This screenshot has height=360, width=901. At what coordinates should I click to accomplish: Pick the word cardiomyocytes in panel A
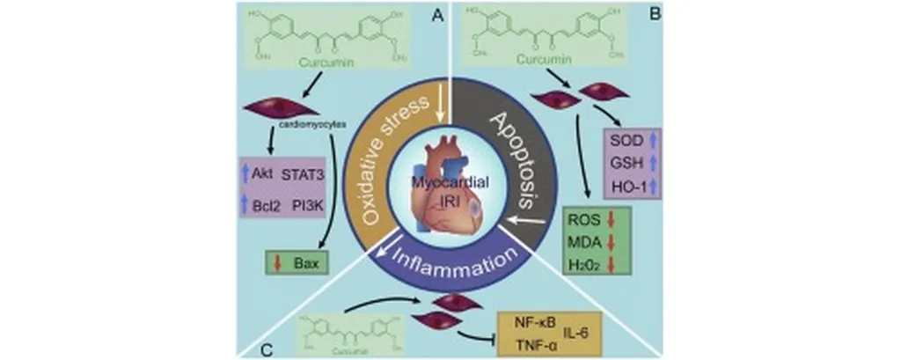click(316, 125)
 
